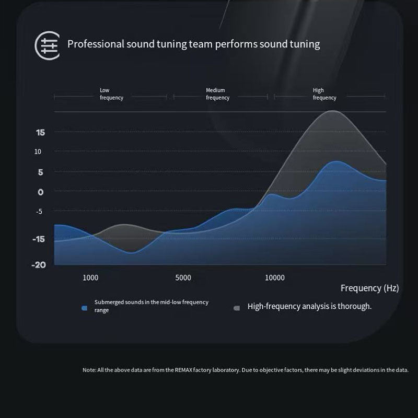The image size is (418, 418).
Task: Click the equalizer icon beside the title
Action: [47, 45]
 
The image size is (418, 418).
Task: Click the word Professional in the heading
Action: [96, 44]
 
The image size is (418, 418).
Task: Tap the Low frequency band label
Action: [111, 94]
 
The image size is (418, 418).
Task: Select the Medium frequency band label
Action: [217, 94]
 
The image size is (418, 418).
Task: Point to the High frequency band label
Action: [324, 94]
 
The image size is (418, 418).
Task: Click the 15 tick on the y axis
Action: [40, 133]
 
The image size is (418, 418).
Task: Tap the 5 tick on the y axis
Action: [40, 172]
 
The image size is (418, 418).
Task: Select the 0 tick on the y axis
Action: [40, 192]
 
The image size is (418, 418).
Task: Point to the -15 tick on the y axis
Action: [39, 239]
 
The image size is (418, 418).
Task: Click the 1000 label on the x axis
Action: [90, 278]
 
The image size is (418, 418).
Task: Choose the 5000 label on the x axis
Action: [183, 278]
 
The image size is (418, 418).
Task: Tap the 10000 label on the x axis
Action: [275, 278]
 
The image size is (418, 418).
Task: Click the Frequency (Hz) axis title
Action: [369, 288]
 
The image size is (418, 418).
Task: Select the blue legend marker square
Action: [84, 308]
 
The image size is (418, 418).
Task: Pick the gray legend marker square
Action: [237, 308]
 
